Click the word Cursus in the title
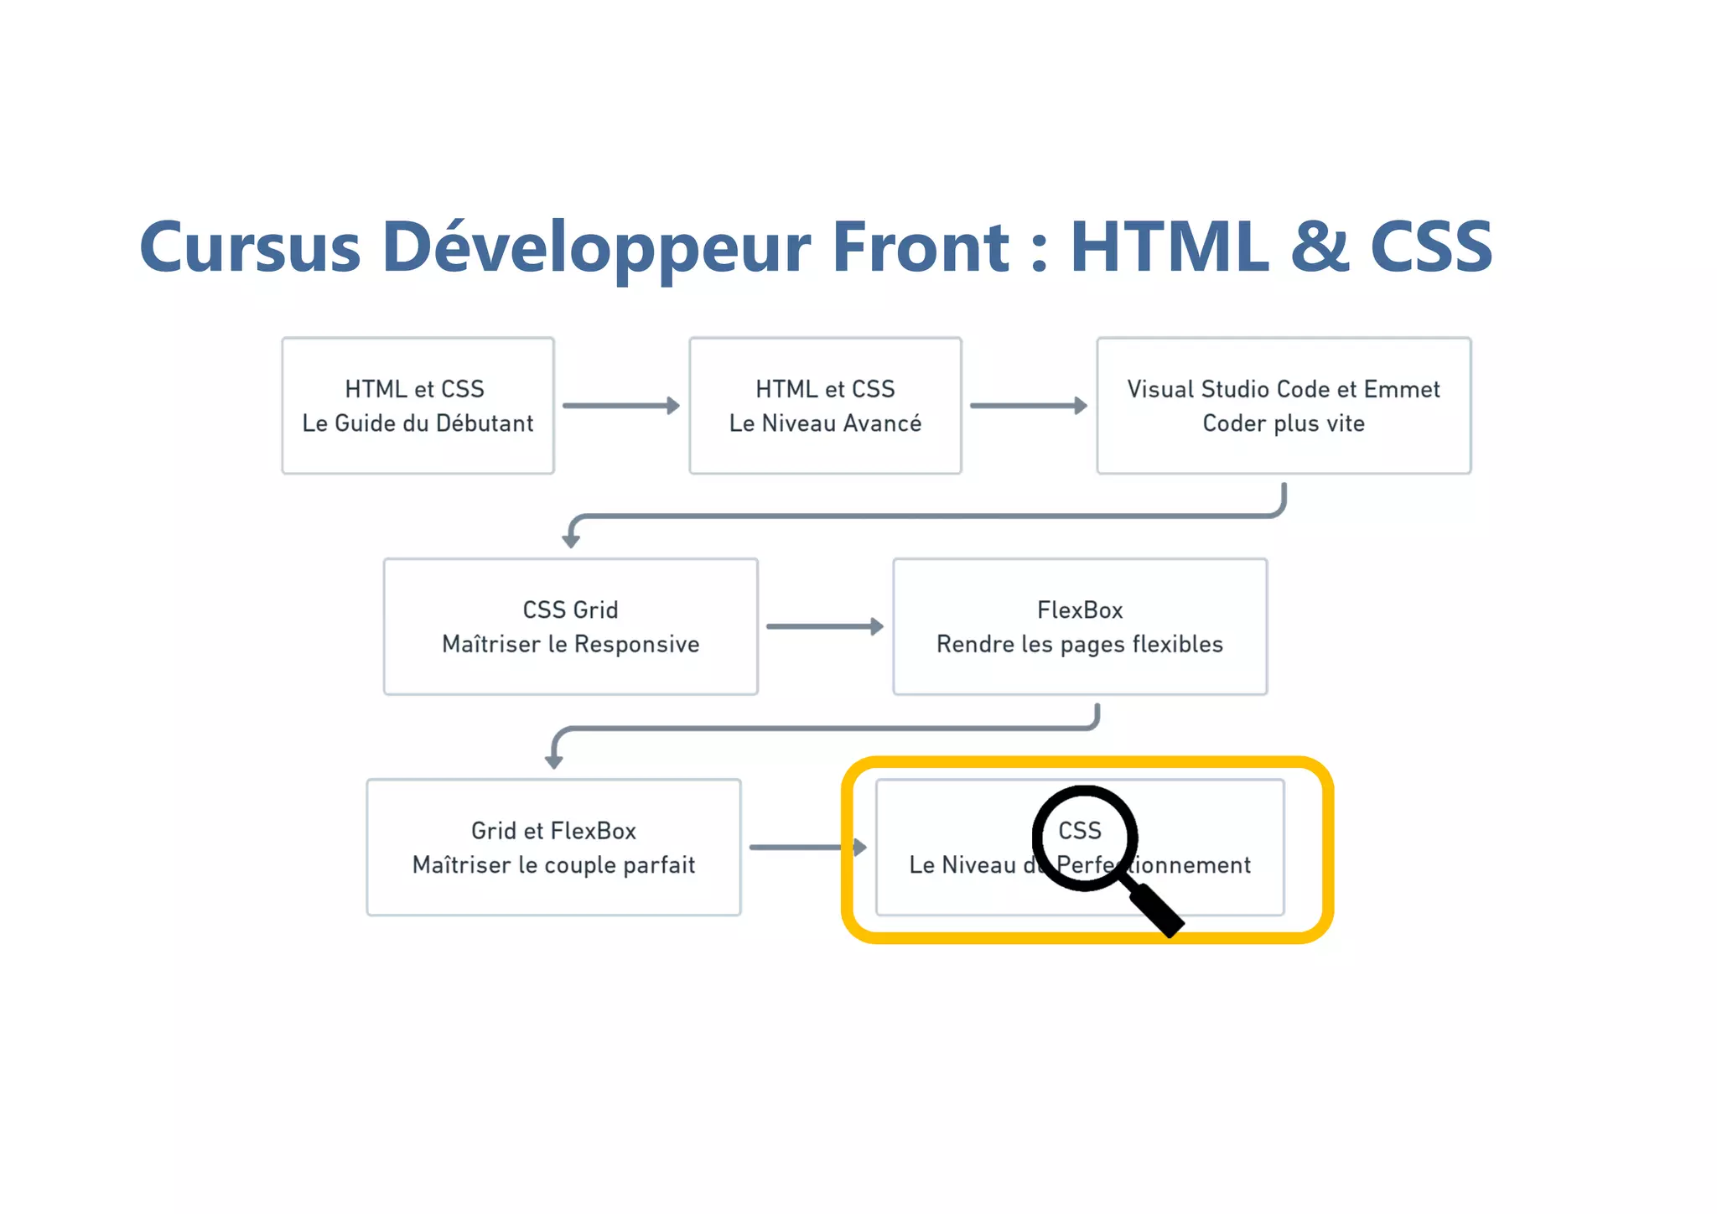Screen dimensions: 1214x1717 pos(250,248)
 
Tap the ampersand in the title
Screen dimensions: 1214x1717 pos(1320,246)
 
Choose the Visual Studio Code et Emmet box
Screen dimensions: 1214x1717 pos(1284,406)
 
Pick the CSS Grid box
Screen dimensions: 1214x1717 pos(570,626)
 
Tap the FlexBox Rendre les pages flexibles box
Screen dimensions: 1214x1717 pos(1080,626)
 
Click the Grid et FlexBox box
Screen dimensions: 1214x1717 pos(553,847)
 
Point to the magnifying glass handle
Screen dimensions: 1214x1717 pos(1157,910)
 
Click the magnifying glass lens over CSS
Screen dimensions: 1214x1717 pos(1084,837)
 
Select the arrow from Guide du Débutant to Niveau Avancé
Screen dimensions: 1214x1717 pos(620,406)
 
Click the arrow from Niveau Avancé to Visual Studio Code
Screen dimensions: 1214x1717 pos(1028,406)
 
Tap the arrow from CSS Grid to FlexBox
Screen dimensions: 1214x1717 pos(825,626)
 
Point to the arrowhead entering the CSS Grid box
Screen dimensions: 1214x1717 pos(571,541)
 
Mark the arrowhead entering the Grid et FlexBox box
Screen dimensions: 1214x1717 pos(553,761)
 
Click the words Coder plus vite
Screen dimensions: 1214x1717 pos(1284,423)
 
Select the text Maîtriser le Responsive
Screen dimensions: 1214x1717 pos(570,645)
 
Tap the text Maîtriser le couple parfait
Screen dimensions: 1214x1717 pos(553,865)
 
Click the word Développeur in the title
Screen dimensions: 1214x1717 pos(596,248)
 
